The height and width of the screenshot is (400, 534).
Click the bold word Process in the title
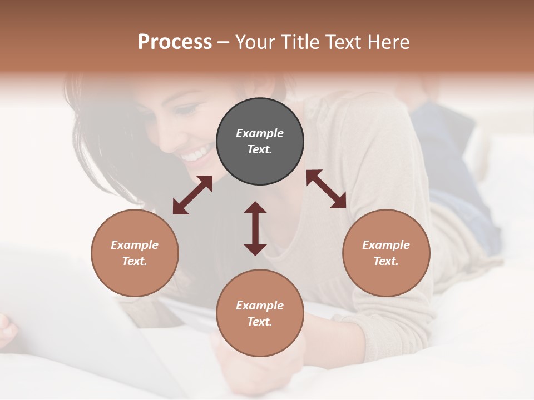coord(175,42)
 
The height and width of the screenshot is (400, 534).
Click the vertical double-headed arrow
coord(255,228)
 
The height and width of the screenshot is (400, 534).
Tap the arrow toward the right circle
coord(326,189)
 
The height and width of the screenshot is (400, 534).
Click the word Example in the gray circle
coord(260,133)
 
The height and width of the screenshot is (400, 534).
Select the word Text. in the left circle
coord(135,261)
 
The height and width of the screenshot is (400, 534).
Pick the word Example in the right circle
coord(386,245)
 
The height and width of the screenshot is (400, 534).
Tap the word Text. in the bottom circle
coord(260,322)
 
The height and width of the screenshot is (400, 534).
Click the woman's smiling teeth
coord(196,154)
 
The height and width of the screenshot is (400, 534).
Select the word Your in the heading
coord(254,42)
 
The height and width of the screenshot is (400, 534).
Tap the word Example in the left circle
coord(135,245)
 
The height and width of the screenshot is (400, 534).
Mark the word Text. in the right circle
coord(386,261)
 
